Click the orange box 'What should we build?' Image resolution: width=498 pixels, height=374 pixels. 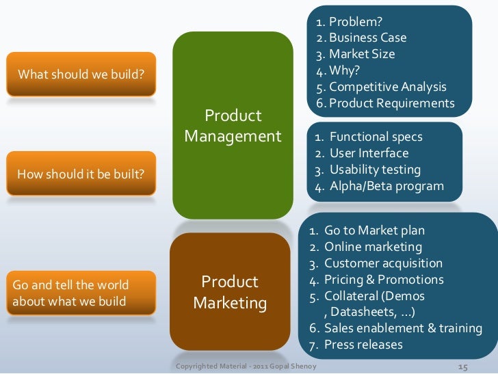[81, 74]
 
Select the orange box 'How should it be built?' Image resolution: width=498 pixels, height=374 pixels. [81, 174]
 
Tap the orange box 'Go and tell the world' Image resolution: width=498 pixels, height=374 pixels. [81, 291]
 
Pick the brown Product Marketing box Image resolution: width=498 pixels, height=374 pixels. [229, 292]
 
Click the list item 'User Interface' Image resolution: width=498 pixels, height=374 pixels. [369, 153]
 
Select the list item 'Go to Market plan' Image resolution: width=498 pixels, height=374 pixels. [374, 230]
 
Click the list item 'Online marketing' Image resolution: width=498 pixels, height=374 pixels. [373, 247]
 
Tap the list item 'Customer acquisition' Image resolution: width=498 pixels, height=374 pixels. [383, 263]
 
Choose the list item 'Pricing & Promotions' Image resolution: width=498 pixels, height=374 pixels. [384, 280]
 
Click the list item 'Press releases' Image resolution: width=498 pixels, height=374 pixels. [363, 345]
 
